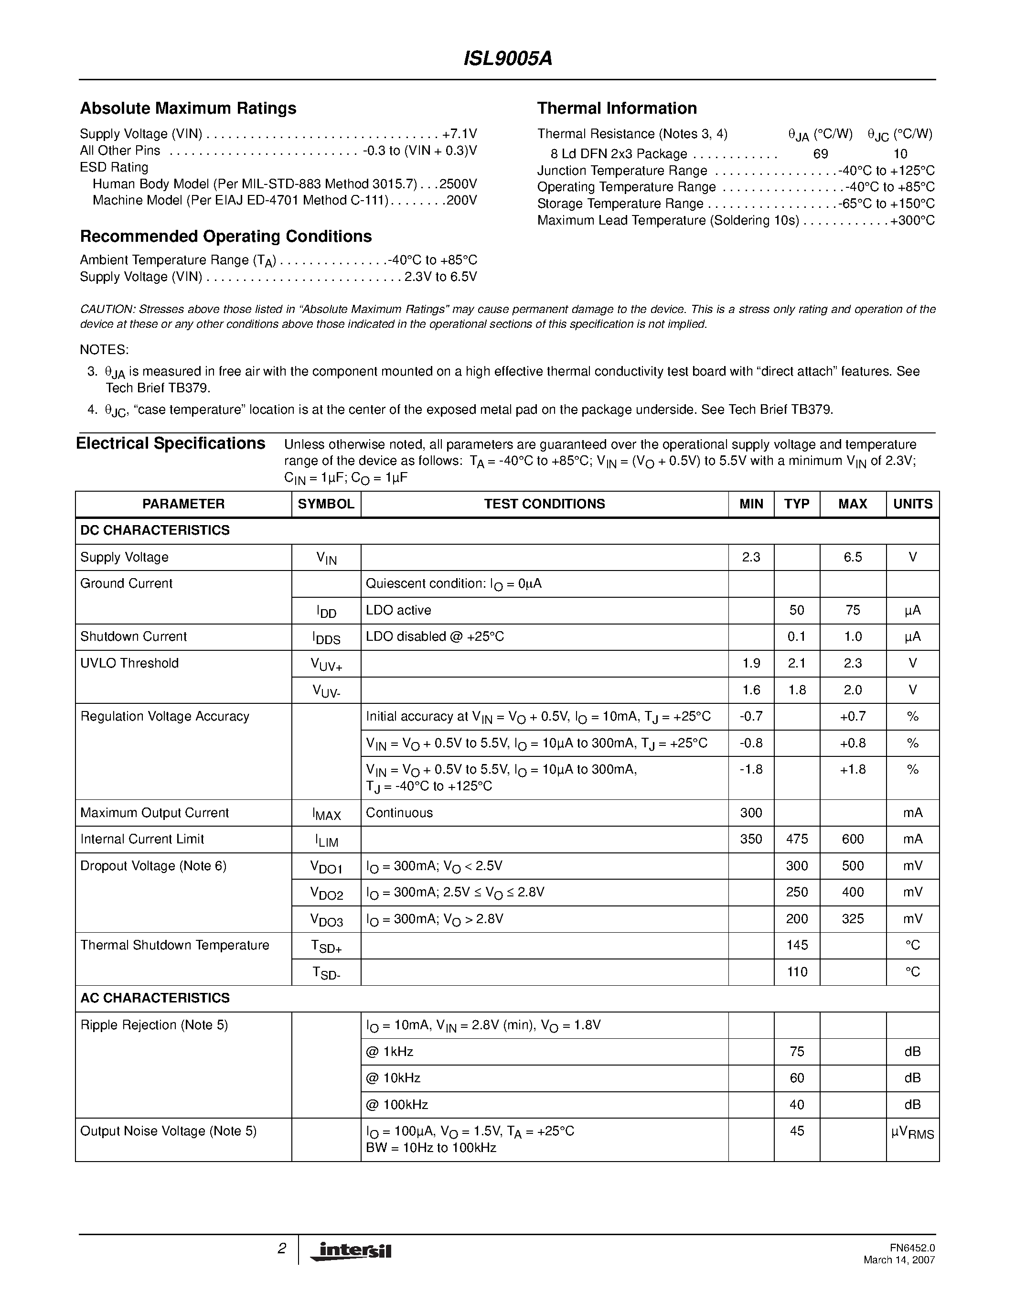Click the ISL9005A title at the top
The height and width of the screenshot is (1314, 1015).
coord(507,59)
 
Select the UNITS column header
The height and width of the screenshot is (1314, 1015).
coord(912,504)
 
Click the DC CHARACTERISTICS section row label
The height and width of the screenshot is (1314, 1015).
coord(155,530)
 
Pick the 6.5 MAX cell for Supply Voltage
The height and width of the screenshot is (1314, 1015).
coord(852,557)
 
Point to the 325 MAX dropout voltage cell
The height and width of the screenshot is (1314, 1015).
coord(852,919)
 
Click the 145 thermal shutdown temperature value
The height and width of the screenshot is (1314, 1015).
coord(797,945)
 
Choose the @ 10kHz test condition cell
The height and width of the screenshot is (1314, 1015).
coord(393,1077)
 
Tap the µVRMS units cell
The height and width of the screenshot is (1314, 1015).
coord(912,1132)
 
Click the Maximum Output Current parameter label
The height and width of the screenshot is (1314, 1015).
coord(155,813)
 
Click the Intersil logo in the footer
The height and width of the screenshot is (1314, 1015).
coord(351,1250)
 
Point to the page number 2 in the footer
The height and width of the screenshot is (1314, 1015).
coord(281,1249)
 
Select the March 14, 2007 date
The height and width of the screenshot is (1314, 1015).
coord(899,1260)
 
